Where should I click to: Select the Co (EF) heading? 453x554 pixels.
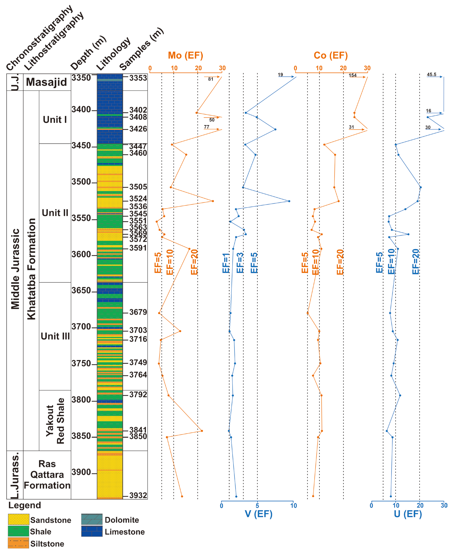331,55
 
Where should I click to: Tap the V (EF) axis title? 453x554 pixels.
258,514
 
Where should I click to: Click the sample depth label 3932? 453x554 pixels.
138,495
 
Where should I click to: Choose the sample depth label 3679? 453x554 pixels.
138,312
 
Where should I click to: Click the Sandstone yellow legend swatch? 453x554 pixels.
18,519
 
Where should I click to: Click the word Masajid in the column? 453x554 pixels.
46,82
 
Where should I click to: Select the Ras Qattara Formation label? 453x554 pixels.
47,475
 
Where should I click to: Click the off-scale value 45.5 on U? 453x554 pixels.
431,74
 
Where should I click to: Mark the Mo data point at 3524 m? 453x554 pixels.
213,201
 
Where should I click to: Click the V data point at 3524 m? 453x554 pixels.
289,201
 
